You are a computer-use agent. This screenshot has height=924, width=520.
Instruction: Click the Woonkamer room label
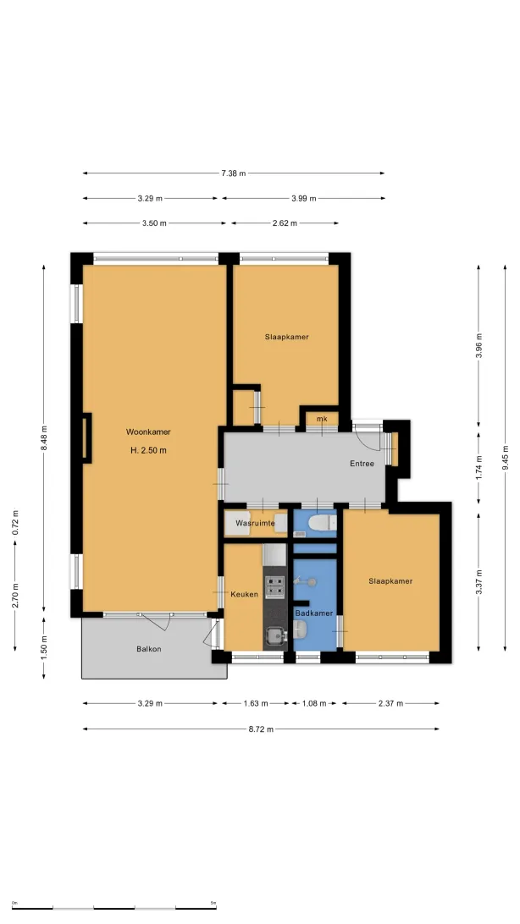(148, 432)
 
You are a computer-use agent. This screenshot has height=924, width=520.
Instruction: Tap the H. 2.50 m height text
(148, 451)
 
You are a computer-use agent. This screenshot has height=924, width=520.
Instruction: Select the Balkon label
(148, 649)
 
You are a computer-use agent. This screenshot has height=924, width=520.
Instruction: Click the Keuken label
(244, 594)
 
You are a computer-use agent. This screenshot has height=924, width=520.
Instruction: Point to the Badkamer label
(314, 613)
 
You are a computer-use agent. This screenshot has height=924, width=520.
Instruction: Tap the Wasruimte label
(255, 523)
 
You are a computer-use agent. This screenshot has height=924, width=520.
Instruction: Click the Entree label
(362, 464)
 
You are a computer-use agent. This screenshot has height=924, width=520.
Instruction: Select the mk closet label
(322, 419)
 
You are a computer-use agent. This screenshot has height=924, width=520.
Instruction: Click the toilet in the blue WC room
(322, 522)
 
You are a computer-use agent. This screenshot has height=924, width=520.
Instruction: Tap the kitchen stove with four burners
(274, 587)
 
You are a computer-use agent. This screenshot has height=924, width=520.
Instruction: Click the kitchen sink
(274, 635)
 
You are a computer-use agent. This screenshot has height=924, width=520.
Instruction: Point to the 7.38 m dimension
(234, 173)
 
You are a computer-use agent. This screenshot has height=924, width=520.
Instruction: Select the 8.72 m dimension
(261, 729)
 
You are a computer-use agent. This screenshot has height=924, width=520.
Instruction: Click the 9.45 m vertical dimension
(506, 458)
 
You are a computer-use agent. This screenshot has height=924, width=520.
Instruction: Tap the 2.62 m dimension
(285, 223)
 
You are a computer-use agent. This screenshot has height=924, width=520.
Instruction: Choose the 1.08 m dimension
(314, 703)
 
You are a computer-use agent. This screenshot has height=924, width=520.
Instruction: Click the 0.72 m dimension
(15, 523)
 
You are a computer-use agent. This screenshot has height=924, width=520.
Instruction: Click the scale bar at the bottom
(113, 907)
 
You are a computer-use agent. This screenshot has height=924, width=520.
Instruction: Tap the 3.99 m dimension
(304, 199)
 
